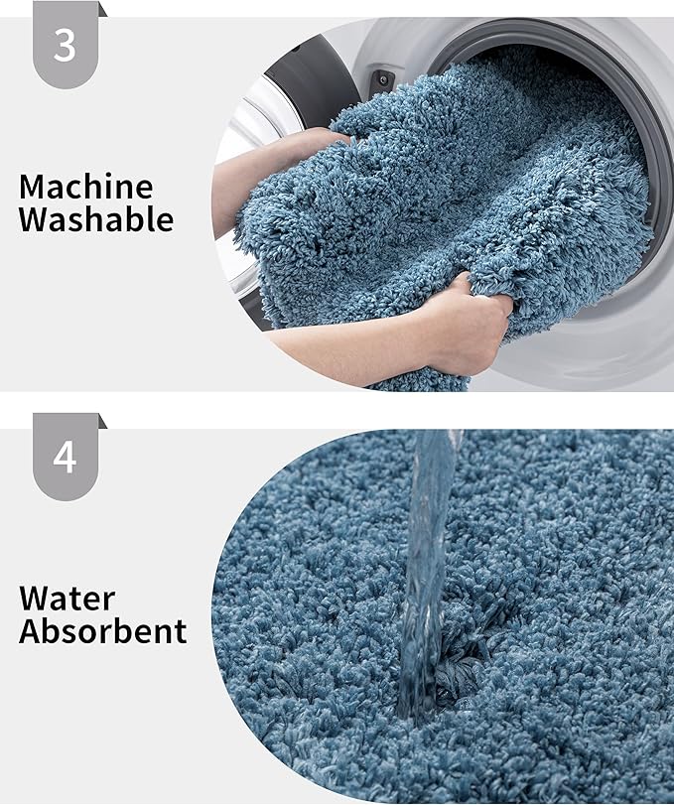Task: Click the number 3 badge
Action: click(65, 44)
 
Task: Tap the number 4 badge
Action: click(65, 457)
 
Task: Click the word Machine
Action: click(86, 186)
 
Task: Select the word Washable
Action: click(96, 219)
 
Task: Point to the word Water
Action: click(67, 599)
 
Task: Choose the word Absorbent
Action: click(102, 631)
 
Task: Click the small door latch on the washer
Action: click(380, 79)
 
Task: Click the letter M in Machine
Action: click(33, 186)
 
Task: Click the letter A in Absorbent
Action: click(31, 631)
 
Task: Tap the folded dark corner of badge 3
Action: click(102, 9)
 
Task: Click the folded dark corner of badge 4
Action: click(102, 422)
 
